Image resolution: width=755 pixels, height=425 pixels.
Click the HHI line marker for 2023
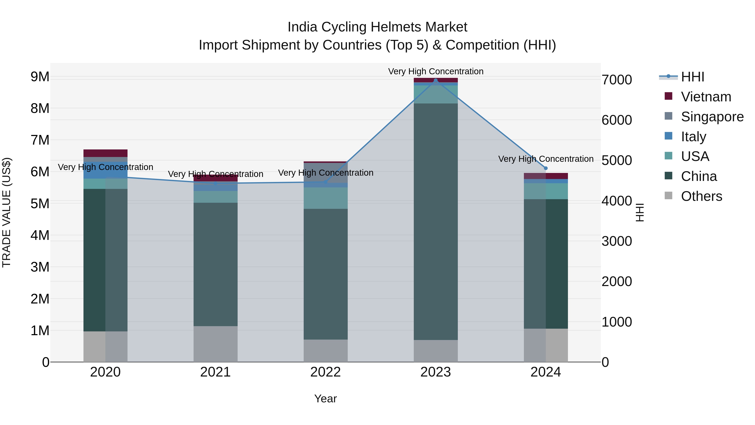coord(436,80)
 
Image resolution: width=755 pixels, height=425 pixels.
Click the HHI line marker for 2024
coord(546,168)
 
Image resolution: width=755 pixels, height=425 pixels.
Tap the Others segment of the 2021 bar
coord(215,344)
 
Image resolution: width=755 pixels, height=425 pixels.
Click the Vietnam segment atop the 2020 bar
coord(105,153)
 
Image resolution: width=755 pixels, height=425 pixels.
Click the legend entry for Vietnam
coord(706,97)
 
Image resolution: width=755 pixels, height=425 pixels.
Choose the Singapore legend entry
coord(712,117)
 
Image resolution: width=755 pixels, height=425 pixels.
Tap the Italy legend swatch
coord(669,136)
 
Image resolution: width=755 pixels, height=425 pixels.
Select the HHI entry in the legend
coord(692,77)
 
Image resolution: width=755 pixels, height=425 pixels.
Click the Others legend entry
coord(701,196)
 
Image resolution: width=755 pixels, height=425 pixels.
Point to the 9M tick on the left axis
coord(40,77)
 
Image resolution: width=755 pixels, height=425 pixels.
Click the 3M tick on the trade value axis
coord(40,267)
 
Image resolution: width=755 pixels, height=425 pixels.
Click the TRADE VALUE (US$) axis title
coord(7,212)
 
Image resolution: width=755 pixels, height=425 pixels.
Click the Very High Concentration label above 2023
coord(436,71)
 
